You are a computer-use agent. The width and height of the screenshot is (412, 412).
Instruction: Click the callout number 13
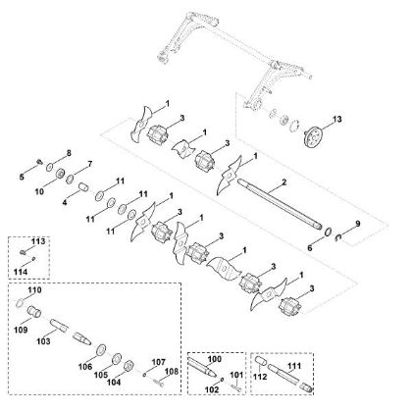(336, 120)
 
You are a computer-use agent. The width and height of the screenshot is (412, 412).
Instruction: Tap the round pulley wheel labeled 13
(313, 136)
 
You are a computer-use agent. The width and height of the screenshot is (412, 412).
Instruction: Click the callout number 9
(358, 224)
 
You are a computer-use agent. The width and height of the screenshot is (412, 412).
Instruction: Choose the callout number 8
(69, 153)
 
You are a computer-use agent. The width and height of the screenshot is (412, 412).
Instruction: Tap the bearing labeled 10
(60, 174)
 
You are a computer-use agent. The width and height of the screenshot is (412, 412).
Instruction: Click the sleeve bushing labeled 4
(85, 188)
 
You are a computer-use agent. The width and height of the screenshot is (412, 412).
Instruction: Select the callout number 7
(89, 164)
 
